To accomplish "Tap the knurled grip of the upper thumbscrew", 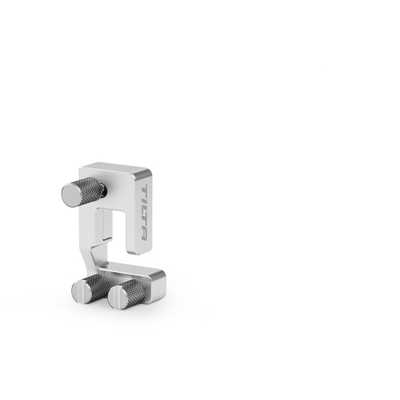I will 86,190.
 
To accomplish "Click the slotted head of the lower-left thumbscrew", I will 81,293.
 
